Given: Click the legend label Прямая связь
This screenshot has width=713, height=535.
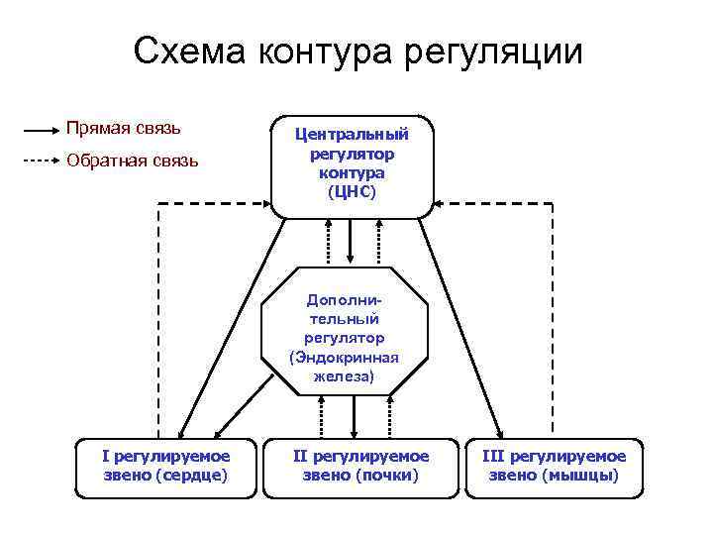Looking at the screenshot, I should click(x=123, y=128).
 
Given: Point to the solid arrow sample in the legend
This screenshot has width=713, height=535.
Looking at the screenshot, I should click(x=42, y=129).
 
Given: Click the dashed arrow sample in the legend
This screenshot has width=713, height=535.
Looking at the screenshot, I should click(x=42, y=160).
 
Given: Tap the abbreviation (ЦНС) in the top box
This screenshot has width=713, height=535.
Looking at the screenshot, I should click(x=353, y=190).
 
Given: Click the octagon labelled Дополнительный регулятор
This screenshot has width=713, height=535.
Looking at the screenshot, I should click(x=345, y=332).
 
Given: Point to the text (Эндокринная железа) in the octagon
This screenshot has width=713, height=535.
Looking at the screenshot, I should click(x=345, y=367).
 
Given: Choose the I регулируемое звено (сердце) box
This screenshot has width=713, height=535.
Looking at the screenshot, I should click(x=165, y=466).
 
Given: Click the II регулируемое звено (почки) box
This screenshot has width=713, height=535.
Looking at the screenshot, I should click(x=360, y=466).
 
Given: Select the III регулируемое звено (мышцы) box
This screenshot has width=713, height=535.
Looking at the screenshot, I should click(x=554, y=466).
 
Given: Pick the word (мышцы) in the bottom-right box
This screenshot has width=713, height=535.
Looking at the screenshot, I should click(x=580, y=475).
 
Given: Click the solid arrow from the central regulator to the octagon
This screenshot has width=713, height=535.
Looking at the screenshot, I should click(x=352, y=242).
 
